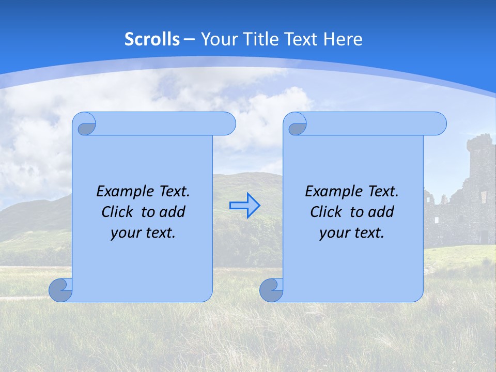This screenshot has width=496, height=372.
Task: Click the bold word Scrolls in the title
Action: (x=152, y=39)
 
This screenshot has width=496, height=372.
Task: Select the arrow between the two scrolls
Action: (x=245, y=206)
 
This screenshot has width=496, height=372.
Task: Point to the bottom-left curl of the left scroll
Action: (x=60, y=290)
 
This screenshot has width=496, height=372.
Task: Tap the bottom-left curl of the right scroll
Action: (x=271, y=290)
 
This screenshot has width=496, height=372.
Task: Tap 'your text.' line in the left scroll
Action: (x=143, y=233)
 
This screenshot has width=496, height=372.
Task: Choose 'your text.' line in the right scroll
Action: (x=352, y=233)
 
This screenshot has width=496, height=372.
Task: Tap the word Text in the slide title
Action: (x=302, y=39)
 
